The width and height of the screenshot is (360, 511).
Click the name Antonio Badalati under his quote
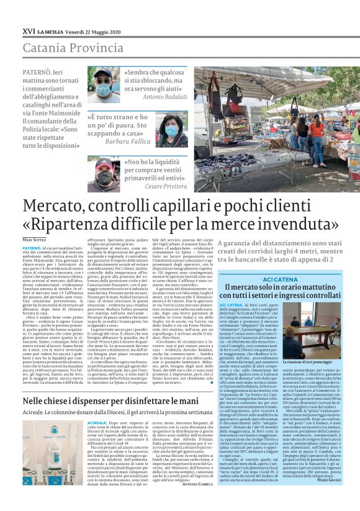[164, 97]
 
